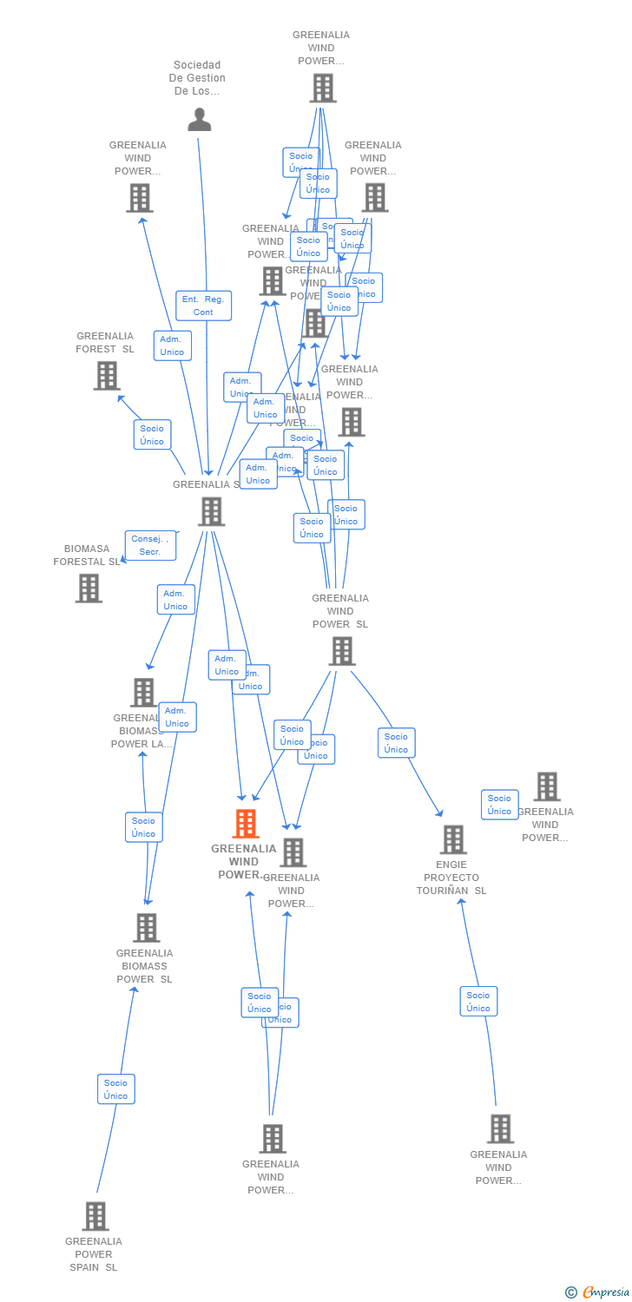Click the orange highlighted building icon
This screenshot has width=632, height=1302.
tap(246, 824)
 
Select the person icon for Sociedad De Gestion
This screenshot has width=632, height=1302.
tap(200, 120)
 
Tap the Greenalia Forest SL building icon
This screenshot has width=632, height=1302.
tap(107, 376)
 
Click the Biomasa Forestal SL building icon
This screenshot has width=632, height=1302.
tap(89, 588)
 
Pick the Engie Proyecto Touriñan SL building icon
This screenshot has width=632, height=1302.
tap(453, 839)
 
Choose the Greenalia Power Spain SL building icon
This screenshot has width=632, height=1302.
tap(95, 1216)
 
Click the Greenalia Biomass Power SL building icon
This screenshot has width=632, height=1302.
tap(147, 928)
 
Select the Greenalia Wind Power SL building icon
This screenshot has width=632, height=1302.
tap(342, 651)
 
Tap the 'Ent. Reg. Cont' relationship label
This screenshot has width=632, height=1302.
tap(203, 306)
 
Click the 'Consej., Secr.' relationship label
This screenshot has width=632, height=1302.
tap(150, 545)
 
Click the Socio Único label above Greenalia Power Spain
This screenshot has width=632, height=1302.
tap(116, 1089)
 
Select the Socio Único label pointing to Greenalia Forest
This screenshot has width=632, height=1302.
tap(152, 435)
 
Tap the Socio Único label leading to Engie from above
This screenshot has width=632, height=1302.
tap(396, 743)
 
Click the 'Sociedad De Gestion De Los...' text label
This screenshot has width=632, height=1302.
tap(197, 78)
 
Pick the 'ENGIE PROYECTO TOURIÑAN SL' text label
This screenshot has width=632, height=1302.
tap(451, 878)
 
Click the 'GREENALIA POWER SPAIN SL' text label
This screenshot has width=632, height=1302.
tap(94, 1254)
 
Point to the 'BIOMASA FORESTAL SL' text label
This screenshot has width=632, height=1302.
tap(87, 556)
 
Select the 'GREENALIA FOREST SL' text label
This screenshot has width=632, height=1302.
tap(105, 343)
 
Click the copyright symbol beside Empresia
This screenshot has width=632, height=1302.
tap(571, 1292)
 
